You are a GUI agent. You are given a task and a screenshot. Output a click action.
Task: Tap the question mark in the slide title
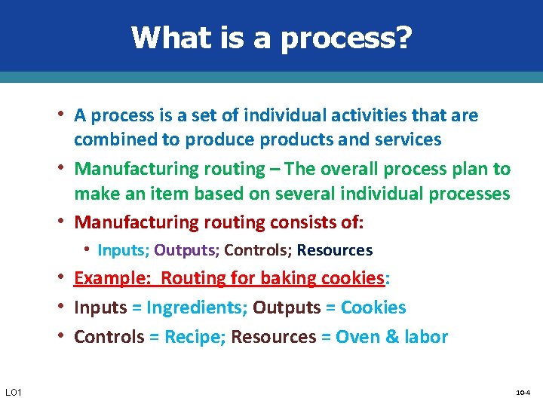403,37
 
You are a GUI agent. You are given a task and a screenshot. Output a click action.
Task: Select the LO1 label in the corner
14,392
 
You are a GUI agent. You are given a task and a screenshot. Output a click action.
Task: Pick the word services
407,139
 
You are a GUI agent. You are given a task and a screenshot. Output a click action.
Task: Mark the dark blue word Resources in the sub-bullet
334,250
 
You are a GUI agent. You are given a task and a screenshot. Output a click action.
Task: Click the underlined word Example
112,278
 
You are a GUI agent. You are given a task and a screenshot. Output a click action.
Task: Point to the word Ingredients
195,308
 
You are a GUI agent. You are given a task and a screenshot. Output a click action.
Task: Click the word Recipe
189,337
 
